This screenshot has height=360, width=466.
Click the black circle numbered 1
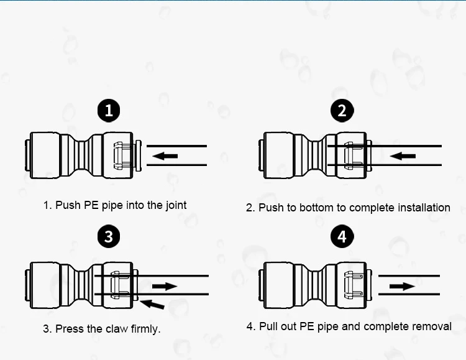(109, 111)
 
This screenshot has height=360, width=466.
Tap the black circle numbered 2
(342, 111)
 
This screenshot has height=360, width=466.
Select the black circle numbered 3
(109, 236)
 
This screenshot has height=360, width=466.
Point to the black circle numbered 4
(342, 236)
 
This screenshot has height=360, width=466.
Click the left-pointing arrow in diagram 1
(165, 155)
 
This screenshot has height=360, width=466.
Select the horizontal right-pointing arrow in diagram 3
(165, 286)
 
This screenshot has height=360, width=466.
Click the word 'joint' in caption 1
(175, 205)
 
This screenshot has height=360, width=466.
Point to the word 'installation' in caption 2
(419, 208)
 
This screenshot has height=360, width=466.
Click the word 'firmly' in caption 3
(145, 329)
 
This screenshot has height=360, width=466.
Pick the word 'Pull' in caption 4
(270, 326)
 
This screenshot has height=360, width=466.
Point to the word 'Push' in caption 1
(68, 205)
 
